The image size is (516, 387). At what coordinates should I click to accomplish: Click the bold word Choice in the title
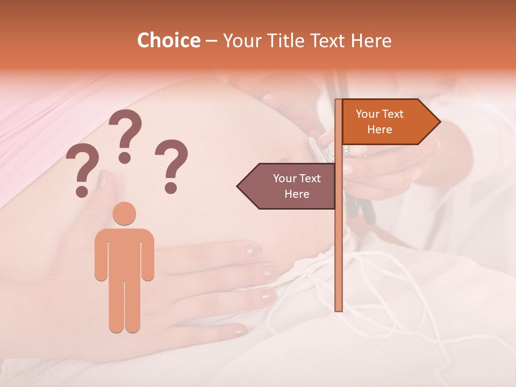click(168, 41)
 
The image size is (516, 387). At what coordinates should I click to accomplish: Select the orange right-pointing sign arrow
click(387, 122)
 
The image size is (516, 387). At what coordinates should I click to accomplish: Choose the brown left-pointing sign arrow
click(290, 186)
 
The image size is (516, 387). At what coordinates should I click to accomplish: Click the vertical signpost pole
click(338, 242)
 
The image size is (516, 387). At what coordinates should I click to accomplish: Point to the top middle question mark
click(125, 134)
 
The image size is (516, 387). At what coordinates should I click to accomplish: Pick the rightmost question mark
click(171, 165)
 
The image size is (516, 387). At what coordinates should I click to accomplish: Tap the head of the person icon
click(124, 213)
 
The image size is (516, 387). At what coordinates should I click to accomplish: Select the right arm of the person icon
click(147, 255)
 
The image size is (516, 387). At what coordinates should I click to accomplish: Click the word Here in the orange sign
click(379, 130)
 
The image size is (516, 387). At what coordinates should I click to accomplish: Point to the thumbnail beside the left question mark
click(102, 178)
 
